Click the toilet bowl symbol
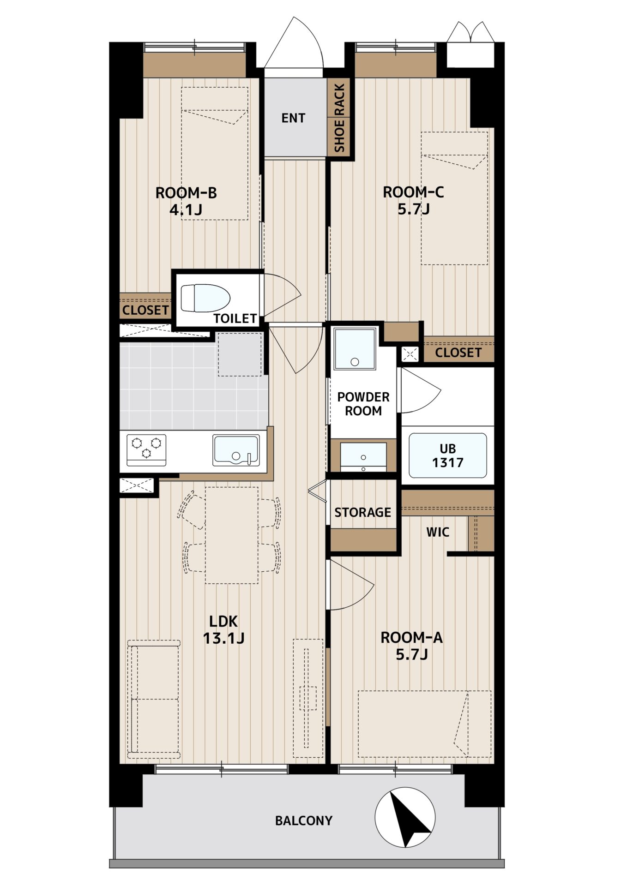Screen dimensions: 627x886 pyautogui.click(x=205, y=298)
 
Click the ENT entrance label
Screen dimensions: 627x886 pyautogui.click(x=293, y=118)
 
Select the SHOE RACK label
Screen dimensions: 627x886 pyautogui.click(x=339, y=118)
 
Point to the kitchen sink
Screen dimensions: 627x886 pyautogui.click(x=236, y=450)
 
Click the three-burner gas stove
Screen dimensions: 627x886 pyautogui.click(x=146, y=449)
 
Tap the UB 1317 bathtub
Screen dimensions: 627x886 pyautogui.click(x=447, y=455)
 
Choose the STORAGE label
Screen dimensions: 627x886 pyautogui.click(x=362, y=512)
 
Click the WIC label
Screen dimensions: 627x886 pyautogui.click(x=437, y=532)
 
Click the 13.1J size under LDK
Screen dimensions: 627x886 pyautogui.click(x=223, y=638)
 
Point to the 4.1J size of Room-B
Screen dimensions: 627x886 pyautogui.click(x=186, y=210)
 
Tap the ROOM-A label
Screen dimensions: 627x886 pyautogui.click(x=411, y=638)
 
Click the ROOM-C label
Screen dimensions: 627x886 pyautogui.click(x=413, y=192)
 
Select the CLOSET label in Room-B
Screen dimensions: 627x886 pyautogui.click(x=145, y=310)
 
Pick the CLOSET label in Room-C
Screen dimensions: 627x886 pyautogui.click(x=458, y=353)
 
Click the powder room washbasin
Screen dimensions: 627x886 pyautogui.click(x=363, y=457)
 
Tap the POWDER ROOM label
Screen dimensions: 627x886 pyautogui.click(x=363, y=404)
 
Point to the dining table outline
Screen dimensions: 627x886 pyautogui.click(x=232, y=535)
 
